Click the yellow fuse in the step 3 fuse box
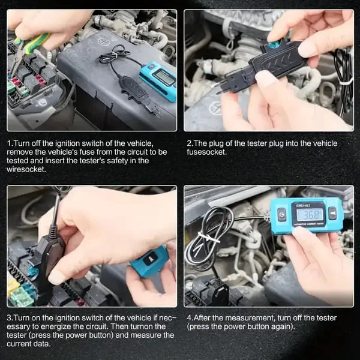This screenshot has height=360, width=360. [13, 286]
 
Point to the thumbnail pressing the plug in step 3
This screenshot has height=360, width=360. [58, 278]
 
